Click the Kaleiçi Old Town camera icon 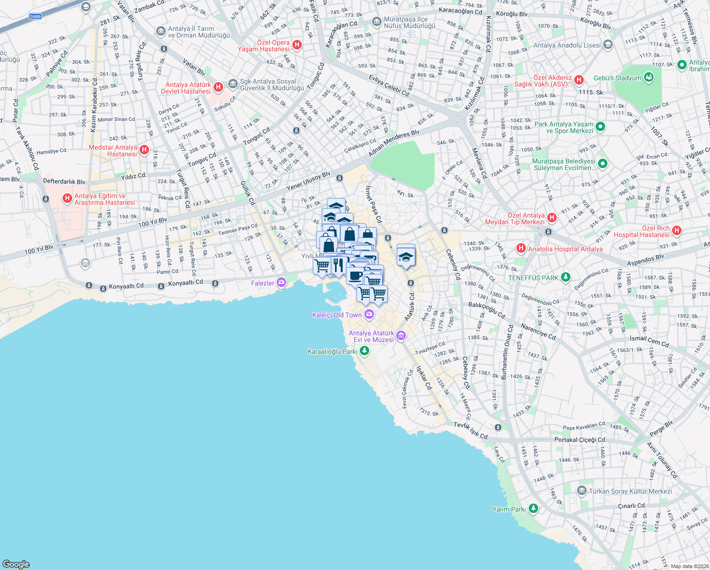(369, 314)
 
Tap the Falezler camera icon (282, 283)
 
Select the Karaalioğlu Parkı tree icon (364, 351)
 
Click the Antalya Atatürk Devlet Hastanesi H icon (218, 87)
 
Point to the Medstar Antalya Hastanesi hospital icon (144, 150)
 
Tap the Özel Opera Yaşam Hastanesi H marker (297, 45)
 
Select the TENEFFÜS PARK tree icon (565, 277)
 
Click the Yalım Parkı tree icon (533, 509)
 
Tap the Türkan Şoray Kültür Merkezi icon (582, 490)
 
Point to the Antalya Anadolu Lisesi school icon (608, 45)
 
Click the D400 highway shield (35, 17)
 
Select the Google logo (16, 564)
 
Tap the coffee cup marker (355, 274)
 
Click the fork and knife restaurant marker (338, 264)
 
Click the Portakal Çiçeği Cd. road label (580, 439)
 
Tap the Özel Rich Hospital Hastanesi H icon (677, 231)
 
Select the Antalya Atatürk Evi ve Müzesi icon (401, 336)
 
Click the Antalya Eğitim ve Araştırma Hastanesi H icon (67, 198)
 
